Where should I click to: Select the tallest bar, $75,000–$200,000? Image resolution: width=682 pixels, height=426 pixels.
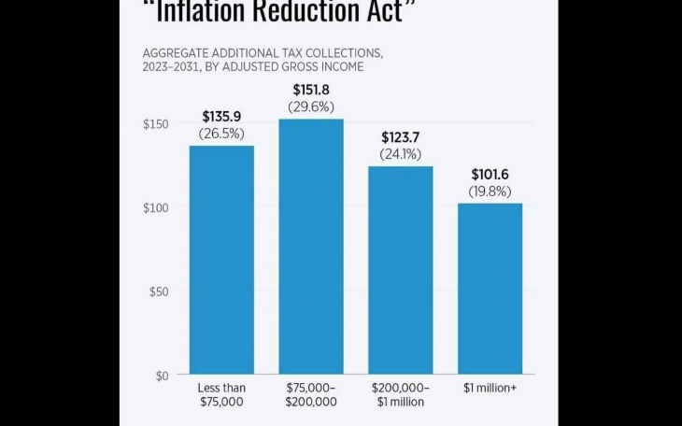coord(311,247)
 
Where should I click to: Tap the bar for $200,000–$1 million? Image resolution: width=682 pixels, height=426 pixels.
coord(400,270)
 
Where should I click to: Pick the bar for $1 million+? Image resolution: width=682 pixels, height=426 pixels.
coord(490,289)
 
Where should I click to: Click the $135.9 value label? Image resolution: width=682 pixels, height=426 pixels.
coord(221,117)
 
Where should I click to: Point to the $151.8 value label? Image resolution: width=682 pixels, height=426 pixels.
coord(311,91)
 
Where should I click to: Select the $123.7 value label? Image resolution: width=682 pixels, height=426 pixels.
coord(400,137)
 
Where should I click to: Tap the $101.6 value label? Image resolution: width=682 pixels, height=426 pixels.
coord(490,175)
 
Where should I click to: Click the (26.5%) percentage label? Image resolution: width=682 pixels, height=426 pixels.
coord(221,134)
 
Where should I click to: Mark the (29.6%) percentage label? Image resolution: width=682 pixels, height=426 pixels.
coord(311,107)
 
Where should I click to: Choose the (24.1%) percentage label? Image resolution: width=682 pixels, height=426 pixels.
coord(400,154)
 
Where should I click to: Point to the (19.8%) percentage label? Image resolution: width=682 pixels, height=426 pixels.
coord(490,192)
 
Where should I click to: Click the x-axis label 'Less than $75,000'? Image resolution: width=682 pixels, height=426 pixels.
coord(221,394)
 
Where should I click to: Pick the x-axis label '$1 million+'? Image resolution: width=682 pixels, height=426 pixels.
coord(490,388)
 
